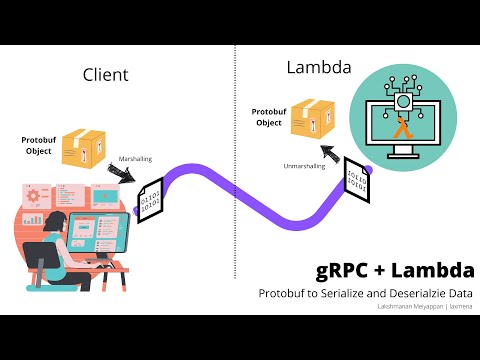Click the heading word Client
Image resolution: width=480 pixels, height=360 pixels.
click(106, 75)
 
